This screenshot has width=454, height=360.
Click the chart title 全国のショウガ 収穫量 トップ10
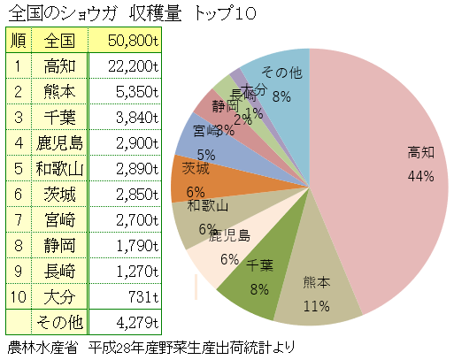129,13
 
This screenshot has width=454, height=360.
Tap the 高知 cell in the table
59,65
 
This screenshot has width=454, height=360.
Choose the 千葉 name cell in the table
59,117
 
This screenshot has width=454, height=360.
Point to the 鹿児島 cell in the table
59,142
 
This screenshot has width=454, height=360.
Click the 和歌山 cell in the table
59,168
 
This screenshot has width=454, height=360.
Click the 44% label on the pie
420,176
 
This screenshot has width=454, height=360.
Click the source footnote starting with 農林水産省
150,347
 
